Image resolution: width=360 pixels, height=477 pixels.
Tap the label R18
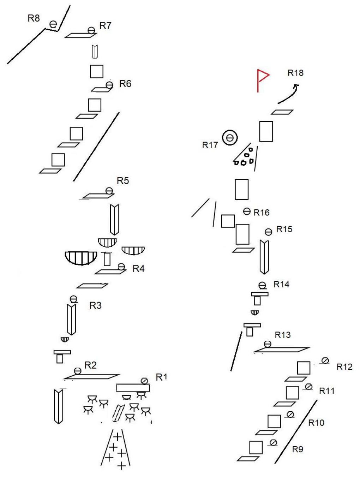[x=295, y=73]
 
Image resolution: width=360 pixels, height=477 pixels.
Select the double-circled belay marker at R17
[x=230, y=138]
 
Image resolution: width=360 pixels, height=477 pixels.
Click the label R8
[x=34, y=18]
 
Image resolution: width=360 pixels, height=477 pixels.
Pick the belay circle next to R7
[x=91, y=30]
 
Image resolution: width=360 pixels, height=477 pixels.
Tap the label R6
[x=125, y=84]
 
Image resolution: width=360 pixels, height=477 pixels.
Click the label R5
[x=123, y=181]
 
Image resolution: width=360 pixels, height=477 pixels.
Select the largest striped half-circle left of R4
[x=81, y=257]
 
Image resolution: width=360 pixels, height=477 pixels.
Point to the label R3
[x=95, y=305]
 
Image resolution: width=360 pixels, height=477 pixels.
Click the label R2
[x=90, y=365]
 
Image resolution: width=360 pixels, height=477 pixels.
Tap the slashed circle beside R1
[x=144, y=381]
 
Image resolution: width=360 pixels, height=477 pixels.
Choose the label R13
[x=283, y=335]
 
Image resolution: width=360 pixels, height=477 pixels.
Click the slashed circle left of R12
[x=325, y=360]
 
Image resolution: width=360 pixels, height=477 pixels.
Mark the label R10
[x=316, y=423]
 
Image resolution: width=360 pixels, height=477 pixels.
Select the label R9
[x=298, y=449]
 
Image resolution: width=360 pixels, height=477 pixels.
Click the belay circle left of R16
[x=247, y=211]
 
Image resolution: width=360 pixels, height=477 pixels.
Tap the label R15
[x=284, y=229]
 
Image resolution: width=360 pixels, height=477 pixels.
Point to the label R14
[x=281, y=284]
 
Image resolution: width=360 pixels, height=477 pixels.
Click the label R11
[x=327, y=391]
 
